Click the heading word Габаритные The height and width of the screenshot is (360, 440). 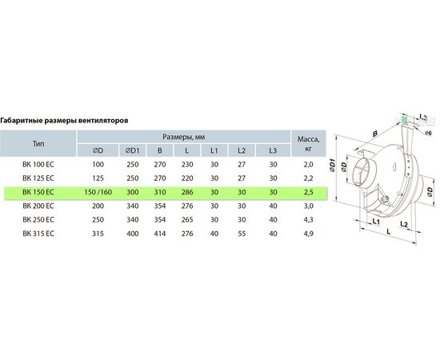tap(19, 121)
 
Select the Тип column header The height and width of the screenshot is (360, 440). tap(38, 144)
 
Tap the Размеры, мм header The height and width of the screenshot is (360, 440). tap(184, 137)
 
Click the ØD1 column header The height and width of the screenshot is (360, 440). tap(132, 150)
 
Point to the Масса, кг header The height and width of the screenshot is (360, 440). tap(308, 143)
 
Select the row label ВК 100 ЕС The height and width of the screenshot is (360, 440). tap(38, 165)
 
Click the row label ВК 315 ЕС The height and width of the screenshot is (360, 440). tap(38, 234)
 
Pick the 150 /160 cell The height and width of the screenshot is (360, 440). tap(98, 192)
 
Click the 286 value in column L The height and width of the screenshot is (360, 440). tap(187, 192)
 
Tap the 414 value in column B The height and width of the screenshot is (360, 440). tap(160, 234)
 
